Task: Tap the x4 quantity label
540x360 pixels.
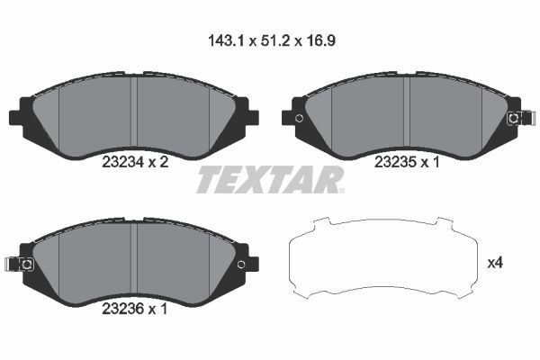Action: [x=493, y=263]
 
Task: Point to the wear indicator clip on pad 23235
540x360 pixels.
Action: [x=515, y=118]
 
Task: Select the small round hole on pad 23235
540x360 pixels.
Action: [x=300, y=118]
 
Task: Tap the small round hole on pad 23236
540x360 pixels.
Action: [x=240, y=264]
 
